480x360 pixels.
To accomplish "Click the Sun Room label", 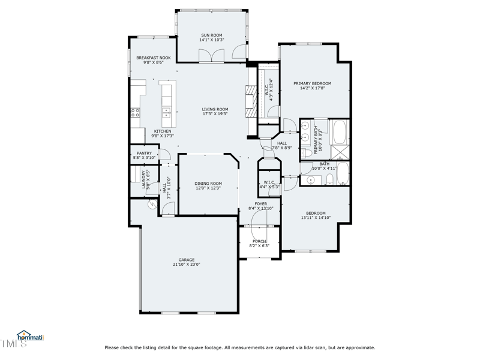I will (211, 35).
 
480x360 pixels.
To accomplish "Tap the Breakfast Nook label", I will (153, 58).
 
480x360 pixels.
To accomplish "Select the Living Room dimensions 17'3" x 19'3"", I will (215, 113).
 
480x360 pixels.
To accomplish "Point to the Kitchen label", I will (163, 131).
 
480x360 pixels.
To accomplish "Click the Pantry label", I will (144, 153).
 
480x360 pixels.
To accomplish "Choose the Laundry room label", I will (144, 179).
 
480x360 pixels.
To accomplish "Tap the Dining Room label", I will (208, 184).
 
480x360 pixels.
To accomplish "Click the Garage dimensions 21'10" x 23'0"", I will (186, 264).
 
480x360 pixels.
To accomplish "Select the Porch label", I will (259, 241).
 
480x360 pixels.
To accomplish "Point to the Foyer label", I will (260, 204).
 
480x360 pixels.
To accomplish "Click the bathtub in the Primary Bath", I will (340, 130).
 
